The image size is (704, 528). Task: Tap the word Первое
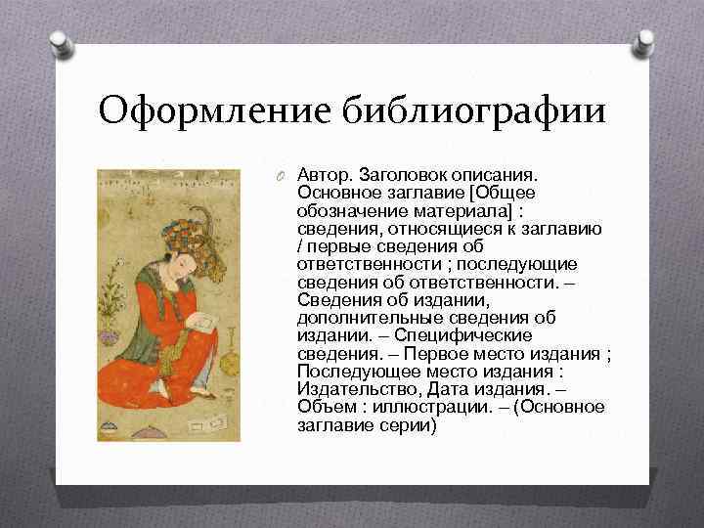coord(455,353)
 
